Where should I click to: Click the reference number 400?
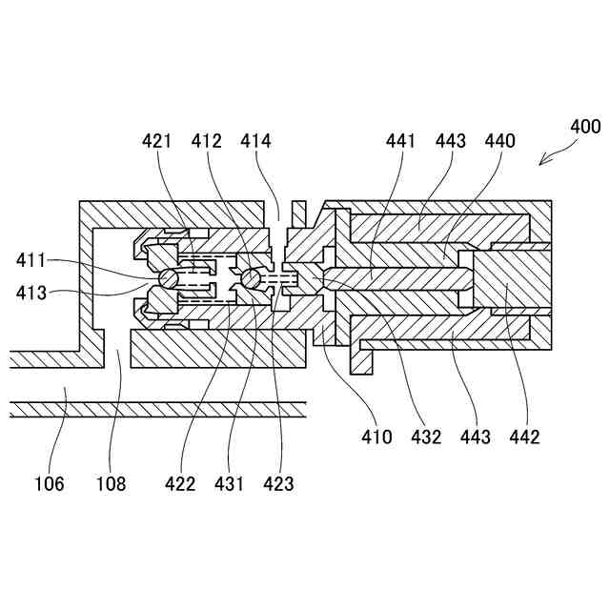pos(584,127)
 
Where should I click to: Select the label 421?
pos(157,142)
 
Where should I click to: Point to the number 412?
pos(207,142)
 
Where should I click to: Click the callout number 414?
pos(255,142)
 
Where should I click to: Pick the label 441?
pos(401,142)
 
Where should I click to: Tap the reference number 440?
pos(498,142)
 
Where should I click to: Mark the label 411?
pos(31,259)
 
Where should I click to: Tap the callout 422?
pos(179,484)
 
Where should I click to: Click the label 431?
pos(229,484)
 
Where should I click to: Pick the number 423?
pos(278,484)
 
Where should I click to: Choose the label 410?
pos(376,437)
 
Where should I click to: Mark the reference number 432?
pos(425,437)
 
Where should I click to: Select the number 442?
pos(523,437)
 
